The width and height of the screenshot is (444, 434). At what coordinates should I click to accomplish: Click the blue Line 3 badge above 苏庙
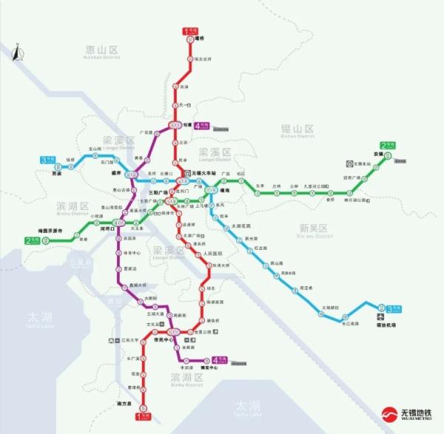point(47,159)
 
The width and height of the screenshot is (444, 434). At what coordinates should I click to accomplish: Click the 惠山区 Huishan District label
point(103,52)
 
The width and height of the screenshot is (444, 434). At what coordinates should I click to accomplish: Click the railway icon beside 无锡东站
point(349,163)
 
